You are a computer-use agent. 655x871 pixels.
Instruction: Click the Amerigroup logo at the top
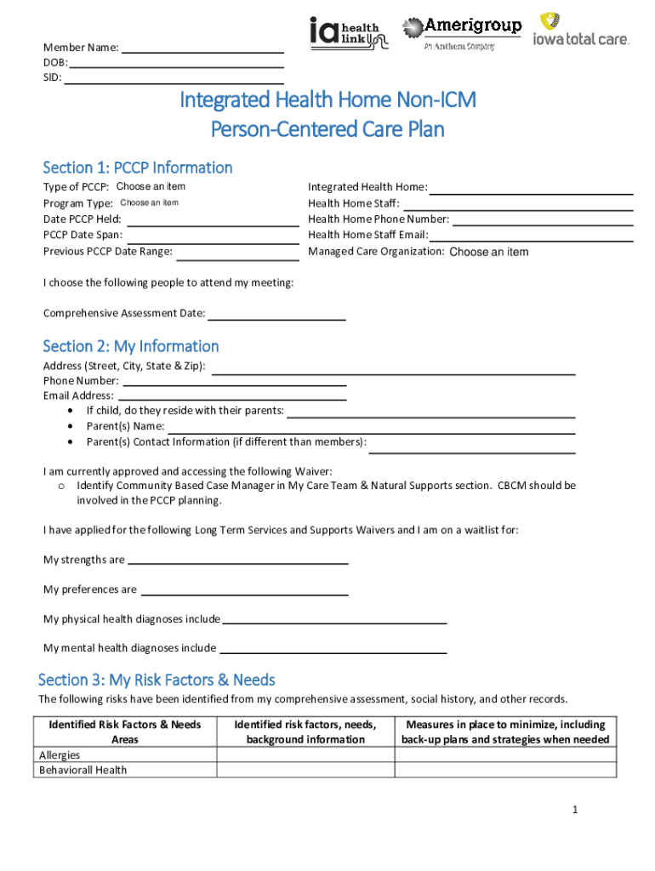(461, 32)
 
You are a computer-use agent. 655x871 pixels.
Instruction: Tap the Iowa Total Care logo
(581, 31)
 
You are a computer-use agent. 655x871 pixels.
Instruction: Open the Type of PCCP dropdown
(151, 187)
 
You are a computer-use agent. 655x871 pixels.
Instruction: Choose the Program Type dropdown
(150, 203)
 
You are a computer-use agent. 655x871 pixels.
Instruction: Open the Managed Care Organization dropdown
(488, 252)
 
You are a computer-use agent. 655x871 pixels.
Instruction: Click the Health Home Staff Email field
(531, 236)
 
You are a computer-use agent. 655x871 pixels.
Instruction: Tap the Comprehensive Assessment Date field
(276, 314)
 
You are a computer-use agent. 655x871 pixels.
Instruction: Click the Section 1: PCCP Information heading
(138, 168)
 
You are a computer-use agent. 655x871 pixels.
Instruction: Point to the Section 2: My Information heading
(131, 346)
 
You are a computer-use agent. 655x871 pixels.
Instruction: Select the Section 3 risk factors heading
(157, 680)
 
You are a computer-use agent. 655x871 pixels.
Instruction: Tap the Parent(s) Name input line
(371, 427)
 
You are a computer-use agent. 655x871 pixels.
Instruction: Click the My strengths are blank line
(237, 561)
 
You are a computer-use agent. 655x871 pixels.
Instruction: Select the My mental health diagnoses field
(333, 648)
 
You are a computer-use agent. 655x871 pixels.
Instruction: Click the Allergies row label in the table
(60, 755)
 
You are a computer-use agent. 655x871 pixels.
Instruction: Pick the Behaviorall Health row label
(83, 771)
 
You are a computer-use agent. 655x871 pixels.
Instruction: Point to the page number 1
(575, 810)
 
